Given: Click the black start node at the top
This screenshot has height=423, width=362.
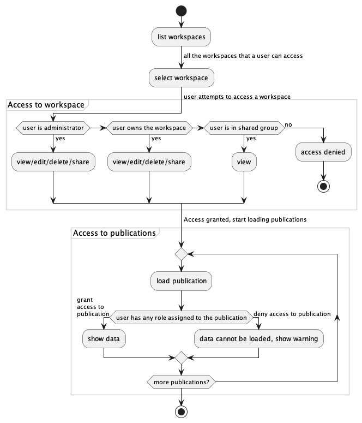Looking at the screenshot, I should tap(181, 10).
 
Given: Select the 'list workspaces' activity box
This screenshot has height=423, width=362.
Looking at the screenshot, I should tap(181, 37).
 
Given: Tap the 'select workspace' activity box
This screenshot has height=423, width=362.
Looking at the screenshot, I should tap(181, 78).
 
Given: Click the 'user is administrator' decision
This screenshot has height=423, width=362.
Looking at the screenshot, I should tap(53, 128).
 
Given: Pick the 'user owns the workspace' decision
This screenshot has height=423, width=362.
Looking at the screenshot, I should tap(149, 128).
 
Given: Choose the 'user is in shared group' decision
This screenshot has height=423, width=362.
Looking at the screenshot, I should tap(244, 128).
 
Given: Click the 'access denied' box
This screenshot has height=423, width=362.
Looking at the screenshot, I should tap(324, 152).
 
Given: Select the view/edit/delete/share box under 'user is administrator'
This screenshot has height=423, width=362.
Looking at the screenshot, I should tap(53, 162).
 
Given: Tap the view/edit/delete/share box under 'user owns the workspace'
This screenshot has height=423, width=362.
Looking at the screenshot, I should tap(149, 162).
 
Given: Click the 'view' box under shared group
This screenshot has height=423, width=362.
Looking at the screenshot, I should tap(244, 162).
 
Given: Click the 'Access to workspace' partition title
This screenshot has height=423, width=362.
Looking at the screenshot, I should tap(46, 104).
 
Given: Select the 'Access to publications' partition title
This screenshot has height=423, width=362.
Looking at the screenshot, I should tap(114, 233).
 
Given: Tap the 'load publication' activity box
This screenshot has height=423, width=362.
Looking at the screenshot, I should tap(181, 281).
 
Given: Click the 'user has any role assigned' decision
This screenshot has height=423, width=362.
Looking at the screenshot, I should tap(181, 317).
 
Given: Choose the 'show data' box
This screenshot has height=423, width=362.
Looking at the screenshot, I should tap(104, 338).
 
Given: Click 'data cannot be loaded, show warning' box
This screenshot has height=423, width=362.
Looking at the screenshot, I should tap(258, 338).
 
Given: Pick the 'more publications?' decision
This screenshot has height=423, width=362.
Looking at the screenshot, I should tap(181, 382).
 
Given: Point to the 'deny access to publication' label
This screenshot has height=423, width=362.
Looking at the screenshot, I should tap(292, 314).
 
